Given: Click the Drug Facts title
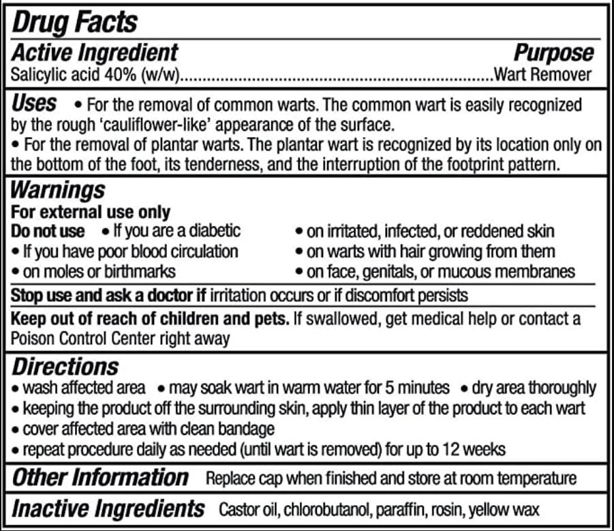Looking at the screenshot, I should tap(75, 22).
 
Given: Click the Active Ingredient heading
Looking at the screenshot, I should tap(95, 52).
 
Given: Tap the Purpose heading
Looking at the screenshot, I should tap(553, 52).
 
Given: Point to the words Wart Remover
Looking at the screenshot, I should tap(542, 74).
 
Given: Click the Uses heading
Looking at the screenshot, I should tap(34, 104).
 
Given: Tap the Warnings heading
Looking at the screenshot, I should tap(59, 189).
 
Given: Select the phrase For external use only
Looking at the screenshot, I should tap(91, 212).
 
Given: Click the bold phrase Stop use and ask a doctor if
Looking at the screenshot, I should tap(109, 296).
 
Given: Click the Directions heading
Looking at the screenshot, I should tap(65, 366).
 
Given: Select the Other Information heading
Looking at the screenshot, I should tap(100, 477).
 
